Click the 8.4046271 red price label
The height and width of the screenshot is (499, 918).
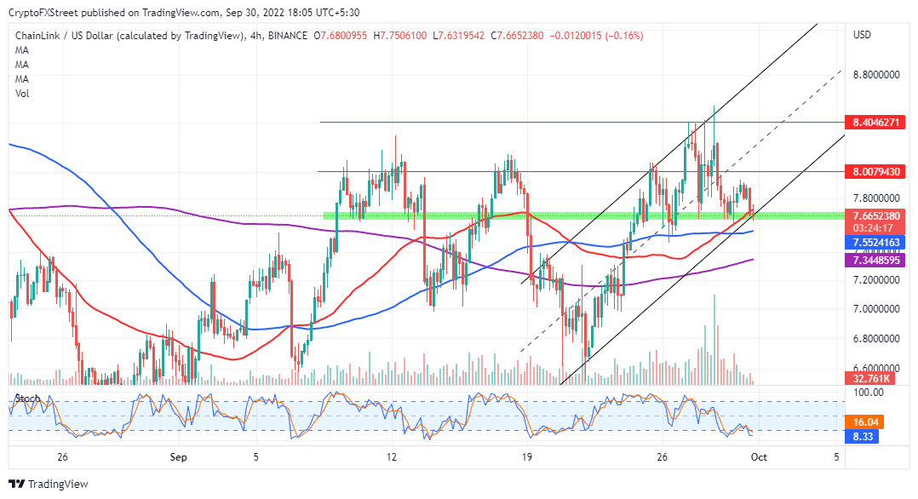coord(875,123)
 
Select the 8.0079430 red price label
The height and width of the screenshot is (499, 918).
coord(875,172)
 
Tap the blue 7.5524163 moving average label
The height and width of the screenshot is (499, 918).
coord(875,243)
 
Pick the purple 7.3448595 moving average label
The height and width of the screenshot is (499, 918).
coord(875,261)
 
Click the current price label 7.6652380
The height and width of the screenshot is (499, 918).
coord(875,216)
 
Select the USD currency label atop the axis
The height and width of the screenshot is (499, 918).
coord(862,35)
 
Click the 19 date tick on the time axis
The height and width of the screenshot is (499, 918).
coord(528,457)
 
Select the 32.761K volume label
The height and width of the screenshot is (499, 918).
coord(870,378)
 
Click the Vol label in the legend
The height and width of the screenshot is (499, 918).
coord(22,94)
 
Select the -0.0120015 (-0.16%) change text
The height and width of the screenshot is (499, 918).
coord(600,36)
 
